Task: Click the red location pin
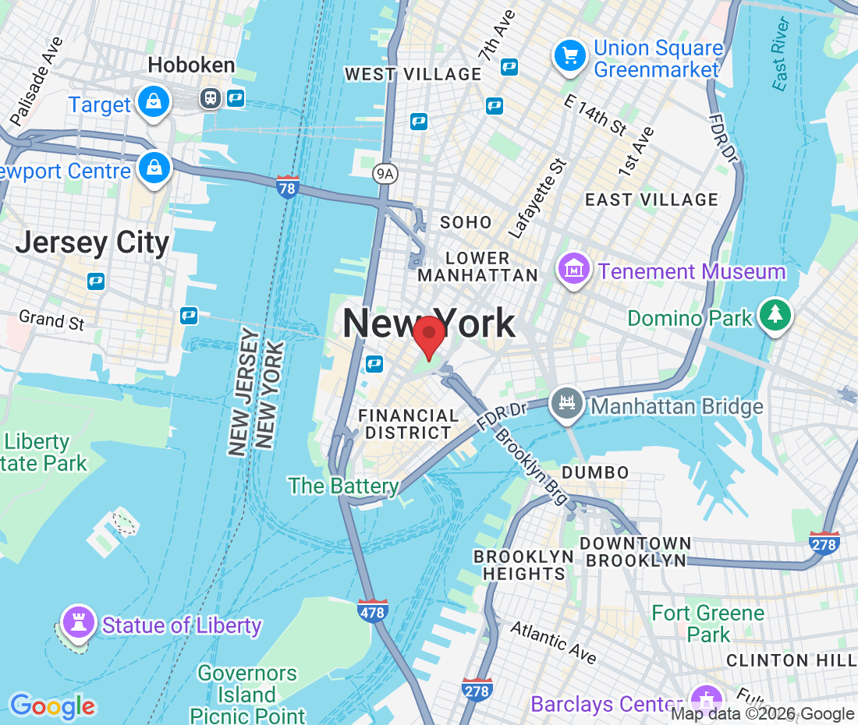(429, 337)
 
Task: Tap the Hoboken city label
(191, 65)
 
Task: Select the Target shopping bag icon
(154, 102)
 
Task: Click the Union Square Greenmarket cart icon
(570, 55)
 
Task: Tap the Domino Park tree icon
(775, 314)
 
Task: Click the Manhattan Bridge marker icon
(567, 403)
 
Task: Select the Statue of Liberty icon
(78, 622)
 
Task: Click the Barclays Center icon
(707, 698)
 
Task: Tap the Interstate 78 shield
(288, 187)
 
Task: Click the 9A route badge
(384, 173)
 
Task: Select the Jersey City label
(92, 242)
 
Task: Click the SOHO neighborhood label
(466, 223)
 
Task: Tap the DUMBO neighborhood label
(595, 472)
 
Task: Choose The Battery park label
(343, 486)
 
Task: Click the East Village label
(651, 200)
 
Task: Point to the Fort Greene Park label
(708, 624)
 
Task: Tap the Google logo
(51, 706)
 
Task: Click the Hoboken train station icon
(210, 98)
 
